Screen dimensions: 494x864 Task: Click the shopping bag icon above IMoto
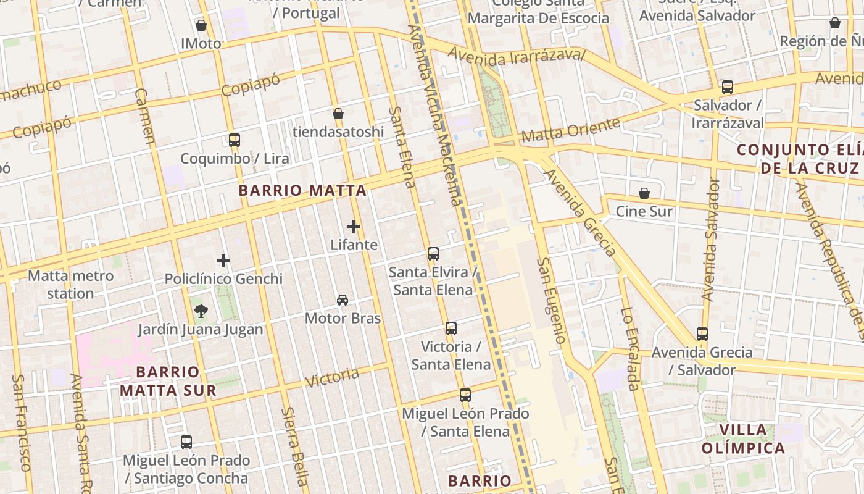[201, 25]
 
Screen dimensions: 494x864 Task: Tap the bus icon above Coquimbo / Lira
[234, 140]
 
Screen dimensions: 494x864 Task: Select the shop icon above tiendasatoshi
[338, 114]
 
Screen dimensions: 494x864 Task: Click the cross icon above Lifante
[354, 227]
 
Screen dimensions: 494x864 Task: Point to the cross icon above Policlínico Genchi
[223, 261]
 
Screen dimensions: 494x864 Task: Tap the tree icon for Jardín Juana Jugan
[201, 311]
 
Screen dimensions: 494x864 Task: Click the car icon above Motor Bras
[343, 300]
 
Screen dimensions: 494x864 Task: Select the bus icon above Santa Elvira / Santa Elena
[433, 253]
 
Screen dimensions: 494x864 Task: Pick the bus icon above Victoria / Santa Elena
[451, 329]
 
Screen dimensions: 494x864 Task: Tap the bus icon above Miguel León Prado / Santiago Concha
[186, 442]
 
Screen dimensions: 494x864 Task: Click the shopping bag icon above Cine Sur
[644, 193]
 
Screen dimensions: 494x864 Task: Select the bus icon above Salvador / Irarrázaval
[728, 87]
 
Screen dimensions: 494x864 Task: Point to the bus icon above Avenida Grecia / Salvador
[702, 334]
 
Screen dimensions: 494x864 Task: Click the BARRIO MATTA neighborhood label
[302, 191]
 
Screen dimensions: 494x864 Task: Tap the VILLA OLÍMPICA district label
[743, 439]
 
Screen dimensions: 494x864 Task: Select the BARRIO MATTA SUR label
[168, 381]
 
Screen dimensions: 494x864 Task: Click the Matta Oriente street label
[570, 130]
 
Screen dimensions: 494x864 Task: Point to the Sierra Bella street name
[295, 446]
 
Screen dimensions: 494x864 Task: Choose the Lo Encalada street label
[630, 349]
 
